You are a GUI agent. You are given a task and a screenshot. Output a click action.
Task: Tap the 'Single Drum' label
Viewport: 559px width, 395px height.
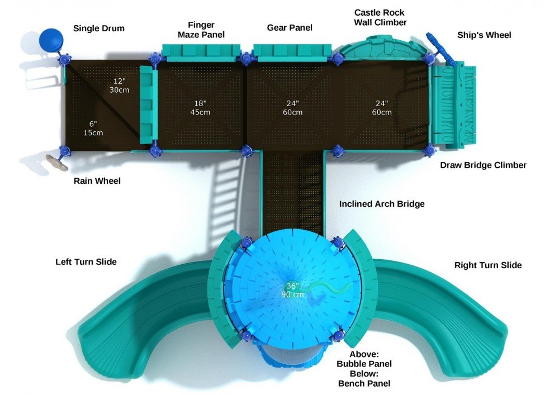[x=98, y=28]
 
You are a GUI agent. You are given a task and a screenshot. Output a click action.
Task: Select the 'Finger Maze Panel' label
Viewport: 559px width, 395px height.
[x=201, y=30]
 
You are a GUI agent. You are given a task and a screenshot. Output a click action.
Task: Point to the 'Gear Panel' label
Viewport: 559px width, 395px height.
[x=290, y=27]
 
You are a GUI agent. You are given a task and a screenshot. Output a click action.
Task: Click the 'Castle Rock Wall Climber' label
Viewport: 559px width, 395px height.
[x=380, y=17]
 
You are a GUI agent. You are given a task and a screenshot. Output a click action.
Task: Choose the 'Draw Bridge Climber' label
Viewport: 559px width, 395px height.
[x=483, y=165]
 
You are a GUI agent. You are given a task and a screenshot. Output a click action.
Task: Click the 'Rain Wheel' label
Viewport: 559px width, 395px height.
[x=97, y=181]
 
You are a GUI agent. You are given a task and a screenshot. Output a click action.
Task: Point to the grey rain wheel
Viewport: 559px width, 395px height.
[x=56, y=161]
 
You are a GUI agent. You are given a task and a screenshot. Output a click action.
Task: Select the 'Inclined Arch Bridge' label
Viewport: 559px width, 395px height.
[x=382, y=204]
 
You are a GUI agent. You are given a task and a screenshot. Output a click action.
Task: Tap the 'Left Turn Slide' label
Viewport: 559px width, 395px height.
[x=86, y=261]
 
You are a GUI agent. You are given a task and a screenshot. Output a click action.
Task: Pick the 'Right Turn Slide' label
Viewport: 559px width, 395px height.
[x=487, y=265]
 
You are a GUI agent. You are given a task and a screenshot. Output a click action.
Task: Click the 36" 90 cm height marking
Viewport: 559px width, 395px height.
[x=292, y=290]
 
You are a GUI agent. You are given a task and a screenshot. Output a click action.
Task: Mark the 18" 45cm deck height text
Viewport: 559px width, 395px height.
[x=201, y=108]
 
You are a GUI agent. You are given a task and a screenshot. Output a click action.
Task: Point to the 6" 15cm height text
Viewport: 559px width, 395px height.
[x=93, y=128]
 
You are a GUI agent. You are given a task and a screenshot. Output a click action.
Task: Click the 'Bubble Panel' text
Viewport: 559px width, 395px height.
[x=364, y=364]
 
